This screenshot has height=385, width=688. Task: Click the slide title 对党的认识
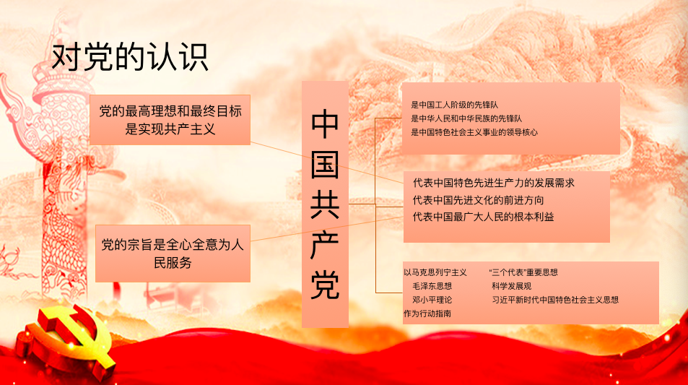(x=130, y=57)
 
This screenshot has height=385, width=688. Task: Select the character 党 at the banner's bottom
(x=325, y=285)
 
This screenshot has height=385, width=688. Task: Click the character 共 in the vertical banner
(x=325, y=204)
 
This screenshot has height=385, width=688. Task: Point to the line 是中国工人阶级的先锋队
(x=454, y=105)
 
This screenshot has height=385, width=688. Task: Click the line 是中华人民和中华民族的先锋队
(x=466, y=118)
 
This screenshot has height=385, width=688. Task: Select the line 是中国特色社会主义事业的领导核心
(x=474, y=132)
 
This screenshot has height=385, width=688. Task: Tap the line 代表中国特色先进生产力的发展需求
(x=494, y=183)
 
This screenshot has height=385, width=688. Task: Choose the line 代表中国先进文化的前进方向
(x=478, y=200)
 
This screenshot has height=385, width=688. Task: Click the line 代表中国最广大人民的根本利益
(x=483, y=217)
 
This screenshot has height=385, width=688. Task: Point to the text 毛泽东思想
(x=432, y=286)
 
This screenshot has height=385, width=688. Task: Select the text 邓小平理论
(x=432, y=300)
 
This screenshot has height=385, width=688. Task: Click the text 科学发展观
(x=511, y=286)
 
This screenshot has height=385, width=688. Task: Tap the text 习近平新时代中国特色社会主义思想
(x=555, y=300)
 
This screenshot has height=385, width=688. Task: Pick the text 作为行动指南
(x=427, y=313)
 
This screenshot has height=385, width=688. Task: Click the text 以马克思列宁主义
(x=435, y=272)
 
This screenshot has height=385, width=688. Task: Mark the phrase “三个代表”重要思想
(x=523, y=272)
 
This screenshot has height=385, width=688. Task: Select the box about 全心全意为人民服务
(x=173, y=254)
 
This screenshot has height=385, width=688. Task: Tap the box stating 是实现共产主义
(x=170, y=120)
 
